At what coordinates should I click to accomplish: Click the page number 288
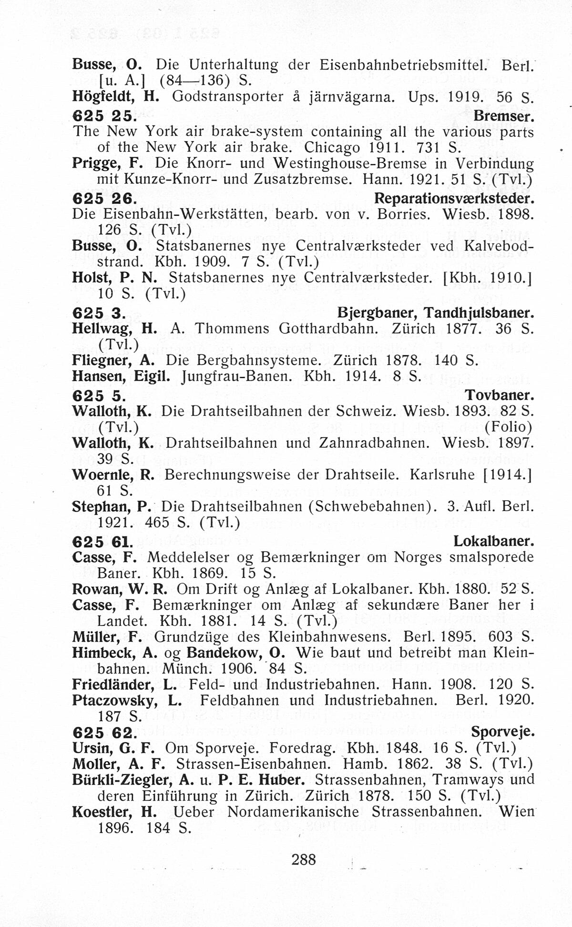pyautogui.click(x=304, y=859)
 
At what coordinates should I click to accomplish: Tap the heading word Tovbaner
pyautogui.click(x=499, y=395)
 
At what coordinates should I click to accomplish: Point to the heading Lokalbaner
pyautogui.click(x=493, y=541)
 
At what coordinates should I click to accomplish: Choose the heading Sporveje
pyautogui.click(x=502, y=732)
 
